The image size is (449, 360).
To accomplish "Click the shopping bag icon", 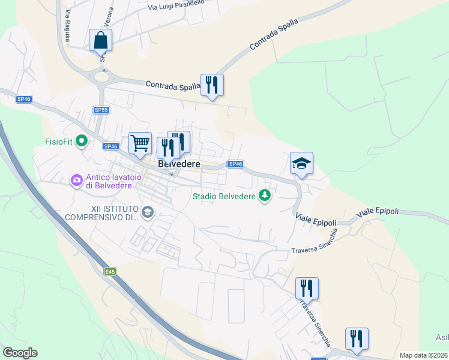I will click(101, 41).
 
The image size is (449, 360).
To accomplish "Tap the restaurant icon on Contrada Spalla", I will click(211, 85).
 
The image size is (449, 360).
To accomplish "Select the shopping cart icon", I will click(140, 144).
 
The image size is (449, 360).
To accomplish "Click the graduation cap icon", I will click(301, 163).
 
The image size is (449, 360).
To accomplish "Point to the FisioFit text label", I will click(59, 142).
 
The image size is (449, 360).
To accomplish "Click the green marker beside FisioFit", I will click(82, 142).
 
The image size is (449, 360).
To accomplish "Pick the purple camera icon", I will click(76, 179).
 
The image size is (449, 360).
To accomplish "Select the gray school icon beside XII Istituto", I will click(148, 212).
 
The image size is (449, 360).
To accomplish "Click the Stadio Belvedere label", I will click(224, 195).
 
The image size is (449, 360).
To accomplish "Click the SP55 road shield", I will click(101, 110).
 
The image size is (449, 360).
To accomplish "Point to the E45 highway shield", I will click(109, 272).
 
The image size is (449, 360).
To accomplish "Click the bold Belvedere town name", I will click(179, 164).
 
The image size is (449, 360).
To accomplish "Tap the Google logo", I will click(20, 353).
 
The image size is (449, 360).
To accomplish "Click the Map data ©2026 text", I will click(423, 355).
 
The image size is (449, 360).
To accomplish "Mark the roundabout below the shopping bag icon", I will click(101, 76).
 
